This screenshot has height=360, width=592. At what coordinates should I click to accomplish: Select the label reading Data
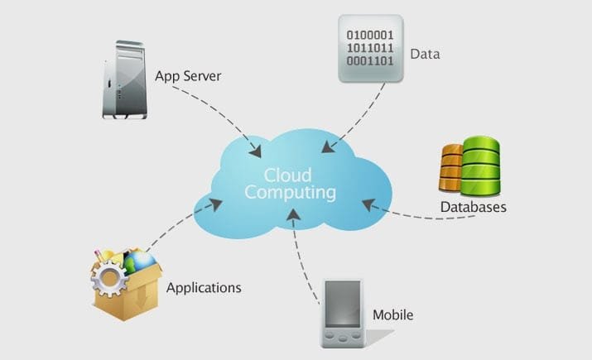coord(425,55)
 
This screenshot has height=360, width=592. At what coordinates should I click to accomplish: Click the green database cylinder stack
coord(480,164)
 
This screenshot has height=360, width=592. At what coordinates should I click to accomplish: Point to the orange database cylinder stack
coord(452,167)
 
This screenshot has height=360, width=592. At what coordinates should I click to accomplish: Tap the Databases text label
coord(473,206)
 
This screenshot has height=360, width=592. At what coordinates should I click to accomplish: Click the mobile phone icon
coord(340,315)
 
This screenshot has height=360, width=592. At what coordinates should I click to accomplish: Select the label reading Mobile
coord(392,314)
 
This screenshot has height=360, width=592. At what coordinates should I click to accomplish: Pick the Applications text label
coord(204,288)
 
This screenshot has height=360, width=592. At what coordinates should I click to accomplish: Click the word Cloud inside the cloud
coord(288,175)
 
